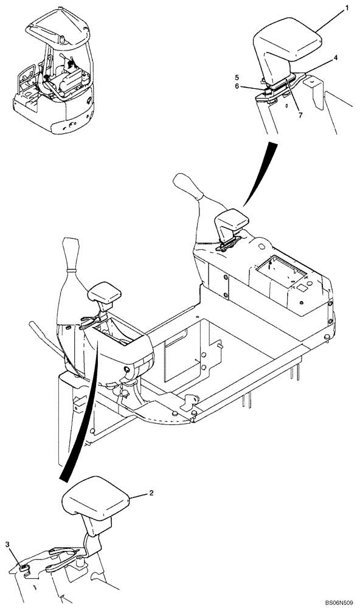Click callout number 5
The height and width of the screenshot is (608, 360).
pyautogui.click(x=238, y=77)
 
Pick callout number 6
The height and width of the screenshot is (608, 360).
pyautogui.click(x=238, y=86)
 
